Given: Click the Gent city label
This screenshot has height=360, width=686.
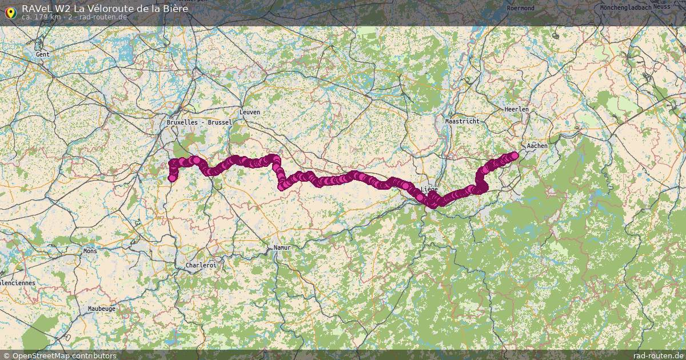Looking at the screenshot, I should tap(43, 54).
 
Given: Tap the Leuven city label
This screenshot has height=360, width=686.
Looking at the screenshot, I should tap(250, 112).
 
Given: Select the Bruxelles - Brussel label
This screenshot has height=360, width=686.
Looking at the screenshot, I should tap(200, 122).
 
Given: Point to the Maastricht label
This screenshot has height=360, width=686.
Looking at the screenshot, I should tap(462, 121).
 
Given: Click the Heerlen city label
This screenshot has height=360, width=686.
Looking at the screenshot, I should tap(516, 109).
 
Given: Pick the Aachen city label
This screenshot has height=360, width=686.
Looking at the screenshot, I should tap(537, 146).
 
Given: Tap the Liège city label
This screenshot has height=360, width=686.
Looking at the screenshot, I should tap(429, 189).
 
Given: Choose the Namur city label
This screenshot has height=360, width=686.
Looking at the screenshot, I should tap(282, 247).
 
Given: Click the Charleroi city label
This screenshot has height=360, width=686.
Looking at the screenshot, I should tap(201, 265).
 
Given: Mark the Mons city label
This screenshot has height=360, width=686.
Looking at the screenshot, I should tap(90, 250).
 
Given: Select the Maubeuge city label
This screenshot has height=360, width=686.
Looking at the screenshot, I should tap(101, 309).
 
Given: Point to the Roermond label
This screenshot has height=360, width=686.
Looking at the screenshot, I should tap(520, 8).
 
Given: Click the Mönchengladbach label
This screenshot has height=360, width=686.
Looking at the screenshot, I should tap(625, 7).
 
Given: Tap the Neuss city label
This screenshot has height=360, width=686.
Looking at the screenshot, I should tap(661, 7).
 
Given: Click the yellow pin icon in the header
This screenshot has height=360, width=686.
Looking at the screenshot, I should tap(10, 11).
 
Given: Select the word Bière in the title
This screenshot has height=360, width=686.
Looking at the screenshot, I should tap(173, 9).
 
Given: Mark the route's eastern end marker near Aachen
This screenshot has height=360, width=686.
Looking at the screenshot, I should tap(514, 155).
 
